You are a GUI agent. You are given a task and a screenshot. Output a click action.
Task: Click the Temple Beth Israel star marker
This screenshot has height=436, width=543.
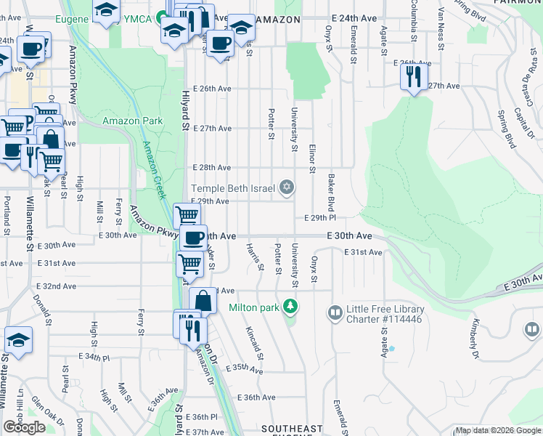287,189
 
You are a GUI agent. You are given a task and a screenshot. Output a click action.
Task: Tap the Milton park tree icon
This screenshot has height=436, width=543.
290,307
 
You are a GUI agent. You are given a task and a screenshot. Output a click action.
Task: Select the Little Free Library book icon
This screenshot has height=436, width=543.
335,313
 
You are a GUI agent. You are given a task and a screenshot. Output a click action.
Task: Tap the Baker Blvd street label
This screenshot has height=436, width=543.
331,188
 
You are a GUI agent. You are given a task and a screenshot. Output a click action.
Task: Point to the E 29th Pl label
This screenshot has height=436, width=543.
320,218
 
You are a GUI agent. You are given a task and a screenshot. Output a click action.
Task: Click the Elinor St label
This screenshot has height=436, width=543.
312,158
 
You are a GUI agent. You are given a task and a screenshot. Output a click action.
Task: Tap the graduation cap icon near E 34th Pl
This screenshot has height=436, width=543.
19,340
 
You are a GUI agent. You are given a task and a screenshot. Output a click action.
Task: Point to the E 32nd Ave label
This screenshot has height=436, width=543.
57,286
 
